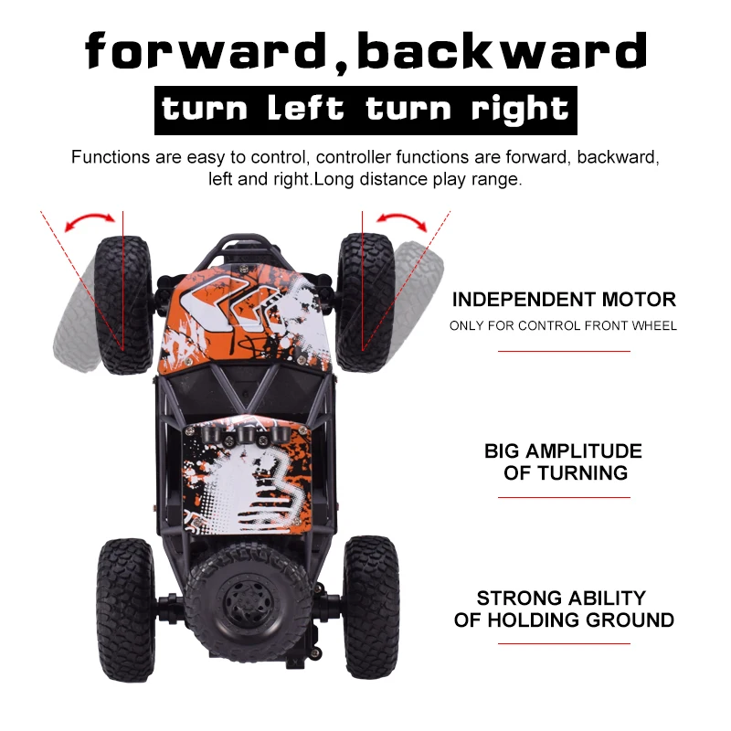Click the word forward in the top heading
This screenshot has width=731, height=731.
tap(207, 50)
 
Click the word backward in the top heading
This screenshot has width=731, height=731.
tap(502, 50)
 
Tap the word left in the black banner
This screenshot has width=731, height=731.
tap(306, 108)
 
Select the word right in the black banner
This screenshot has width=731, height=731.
tap(520, 110)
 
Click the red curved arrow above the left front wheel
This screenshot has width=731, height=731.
tap(90, 217)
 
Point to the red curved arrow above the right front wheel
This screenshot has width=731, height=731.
tap(402, 217)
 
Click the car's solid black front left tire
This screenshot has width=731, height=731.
tap(123, 305)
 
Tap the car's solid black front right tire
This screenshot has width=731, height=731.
tap(365, 302)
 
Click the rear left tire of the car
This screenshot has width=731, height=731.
tap(125, 609)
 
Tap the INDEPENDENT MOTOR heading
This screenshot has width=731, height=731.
tap(564, 300)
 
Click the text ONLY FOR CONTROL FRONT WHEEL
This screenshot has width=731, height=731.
tap(563, 325)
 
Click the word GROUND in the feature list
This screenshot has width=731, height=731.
tap(630, 620)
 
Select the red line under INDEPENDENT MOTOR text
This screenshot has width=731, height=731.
tap(564, 351)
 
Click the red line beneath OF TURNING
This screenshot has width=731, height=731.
tap(564, 497)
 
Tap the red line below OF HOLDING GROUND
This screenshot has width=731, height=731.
tap(564, 644)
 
